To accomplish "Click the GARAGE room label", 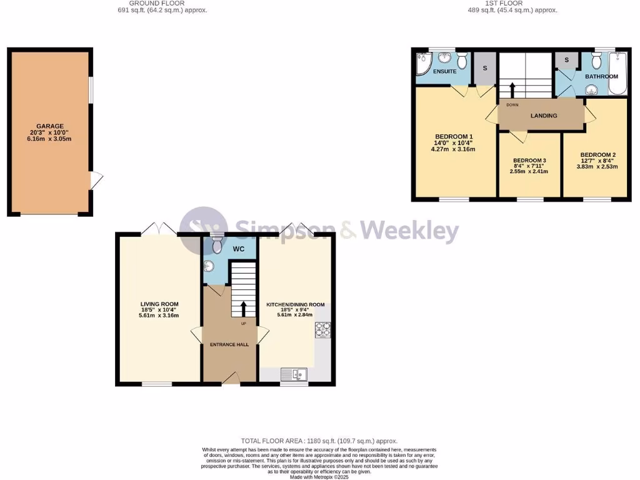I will (49, 126).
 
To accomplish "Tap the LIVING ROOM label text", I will (159, 304).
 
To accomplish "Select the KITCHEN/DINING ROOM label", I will (296, 304).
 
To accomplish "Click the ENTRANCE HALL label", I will (229, 344).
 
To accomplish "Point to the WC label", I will (239, 249).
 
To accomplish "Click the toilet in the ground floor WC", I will (217, 245).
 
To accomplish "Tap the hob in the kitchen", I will (323, 329).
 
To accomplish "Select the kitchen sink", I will (293, 375).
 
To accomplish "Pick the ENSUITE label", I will (445, 72).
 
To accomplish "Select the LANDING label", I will (544, 116).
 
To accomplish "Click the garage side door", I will (95, 180).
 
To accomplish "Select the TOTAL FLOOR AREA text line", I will (319, 441).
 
